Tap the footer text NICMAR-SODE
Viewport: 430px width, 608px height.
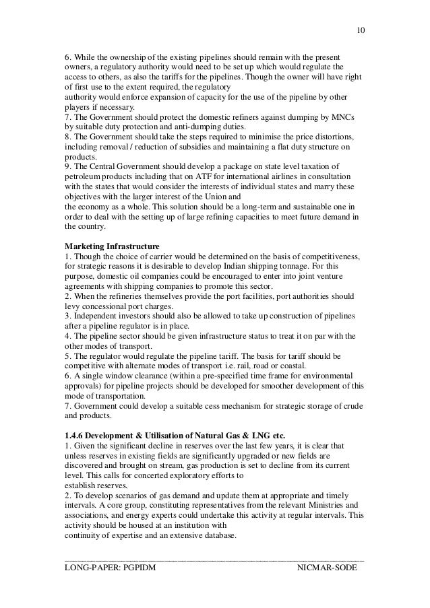click(328, 572)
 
